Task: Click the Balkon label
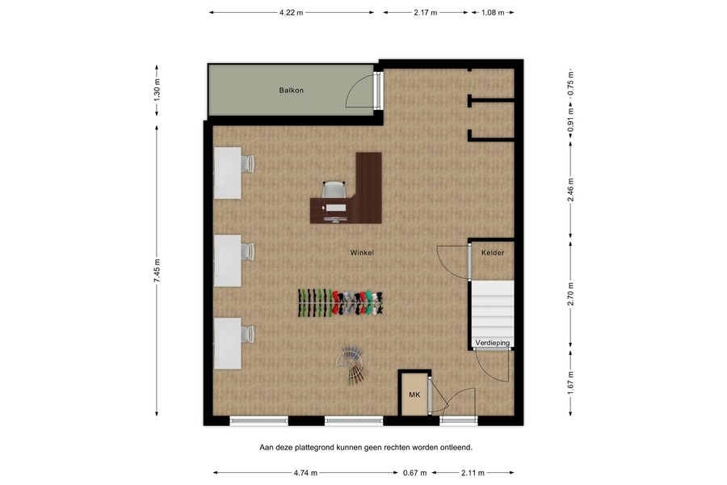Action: click(291, 90)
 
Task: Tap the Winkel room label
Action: click(362, 253)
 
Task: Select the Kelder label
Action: click(493, 253)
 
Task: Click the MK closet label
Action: click(414, 395)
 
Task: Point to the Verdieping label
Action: click(493, 344)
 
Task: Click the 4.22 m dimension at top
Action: click(291, 13)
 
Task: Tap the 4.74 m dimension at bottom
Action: click(305, 473)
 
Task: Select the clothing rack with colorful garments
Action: click(342, 302)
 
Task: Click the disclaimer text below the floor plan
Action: click(365, 446)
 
